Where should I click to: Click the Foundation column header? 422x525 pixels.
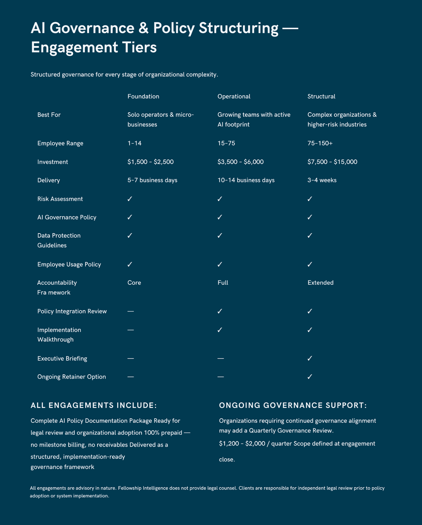(143, 96)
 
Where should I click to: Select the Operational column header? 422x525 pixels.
(234, 96)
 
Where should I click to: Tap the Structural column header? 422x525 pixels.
(321, 96)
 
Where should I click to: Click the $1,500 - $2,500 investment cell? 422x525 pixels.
(150, 162)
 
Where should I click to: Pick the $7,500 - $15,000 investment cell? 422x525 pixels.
(332, 162)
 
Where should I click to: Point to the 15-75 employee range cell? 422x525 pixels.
(226, 143)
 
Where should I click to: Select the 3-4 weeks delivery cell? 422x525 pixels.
(322, 180)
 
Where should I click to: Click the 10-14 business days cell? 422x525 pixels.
(246, 180)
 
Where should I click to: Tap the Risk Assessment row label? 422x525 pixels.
(60, 199)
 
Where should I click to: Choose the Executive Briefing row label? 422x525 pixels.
(62, 358)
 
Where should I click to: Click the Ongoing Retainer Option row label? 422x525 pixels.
(71, 377)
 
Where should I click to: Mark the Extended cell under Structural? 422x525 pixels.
(320, 283)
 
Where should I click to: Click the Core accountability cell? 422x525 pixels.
(134, 283)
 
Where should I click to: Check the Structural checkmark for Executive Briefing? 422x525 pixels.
(310, 358)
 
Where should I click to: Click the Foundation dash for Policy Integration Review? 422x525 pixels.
(130, 311)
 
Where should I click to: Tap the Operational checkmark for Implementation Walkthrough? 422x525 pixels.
(220, 330)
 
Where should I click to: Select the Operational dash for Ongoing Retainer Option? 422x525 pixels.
(221, 377)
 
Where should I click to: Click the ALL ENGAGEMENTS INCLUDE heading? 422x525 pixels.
(94, 406)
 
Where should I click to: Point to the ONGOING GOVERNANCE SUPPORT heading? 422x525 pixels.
(293, 406)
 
